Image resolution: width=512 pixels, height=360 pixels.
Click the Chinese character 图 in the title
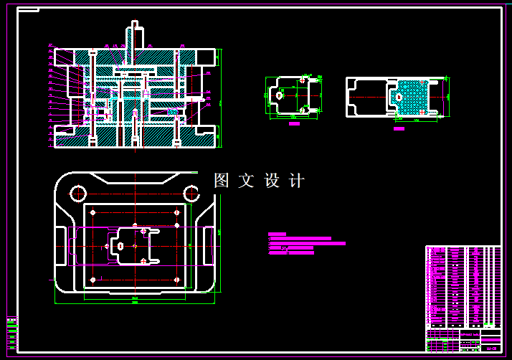click(222, 181)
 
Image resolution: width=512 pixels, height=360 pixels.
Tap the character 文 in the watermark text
click(247, 181)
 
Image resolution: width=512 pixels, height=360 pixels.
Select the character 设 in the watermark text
click(272, 181)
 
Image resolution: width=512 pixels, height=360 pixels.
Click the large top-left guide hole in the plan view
click(78, 192)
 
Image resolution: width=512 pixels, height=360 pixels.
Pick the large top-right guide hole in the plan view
click(191, 192)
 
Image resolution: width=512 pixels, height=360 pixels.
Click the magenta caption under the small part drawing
click(294, 124)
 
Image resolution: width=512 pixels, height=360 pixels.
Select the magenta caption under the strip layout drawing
click(399, 129)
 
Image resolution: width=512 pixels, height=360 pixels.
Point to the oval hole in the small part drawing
click(279, 95)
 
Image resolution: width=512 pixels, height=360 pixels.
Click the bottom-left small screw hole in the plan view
click(93, 279)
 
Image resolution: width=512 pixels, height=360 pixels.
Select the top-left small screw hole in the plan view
click(93, 212)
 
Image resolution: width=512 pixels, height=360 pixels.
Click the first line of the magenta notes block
click(278, 234)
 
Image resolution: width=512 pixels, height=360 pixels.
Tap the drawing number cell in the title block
click(491, 349)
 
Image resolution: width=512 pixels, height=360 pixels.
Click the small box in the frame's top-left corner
click(28, 11)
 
